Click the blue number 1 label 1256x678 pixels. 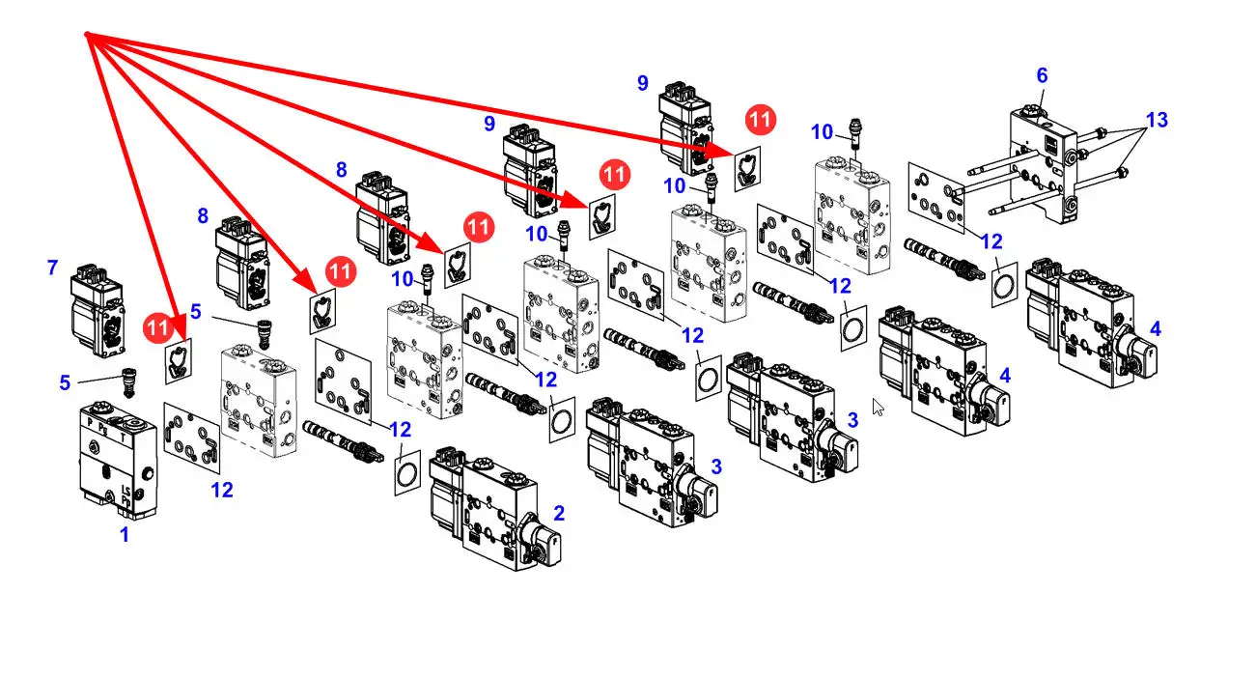tap(124, 534)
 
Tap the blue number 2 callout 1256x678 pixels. tap(558, 514)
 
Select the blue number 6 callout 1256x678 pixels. tap(1042, 75)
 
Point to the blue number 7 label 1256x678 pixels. tap(52, 268)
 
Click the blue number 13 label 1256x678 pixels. tap(1156, 120)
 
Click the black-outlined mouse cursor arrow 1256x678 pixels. tap(878, 407)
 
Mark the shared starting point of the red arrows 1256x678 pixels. tap(87, 36)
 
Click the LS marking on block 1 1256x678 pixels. tap(126, 494)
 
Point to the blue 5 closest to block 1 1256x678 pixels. tap(65, 382)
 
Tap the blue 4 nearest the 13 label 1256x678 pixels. tap(1156, 328)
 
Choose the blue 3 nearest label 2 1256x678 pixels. tap(715, 466)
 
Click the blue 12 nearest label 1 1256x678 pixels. tap(222, 490)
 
